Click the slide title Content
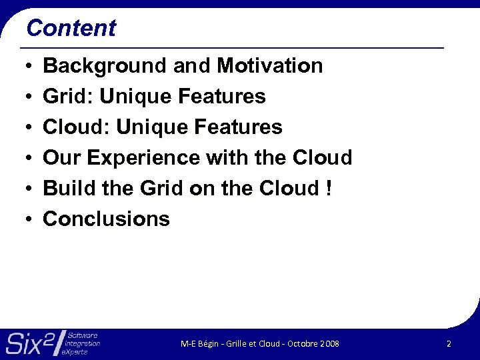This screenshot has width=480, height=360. (71, 28)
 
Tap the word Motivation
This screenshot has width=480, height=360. (270, 66)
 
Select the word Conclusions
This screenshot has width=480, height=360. (107, 219)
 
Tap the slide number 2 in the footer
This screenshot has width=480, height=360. (449, 343)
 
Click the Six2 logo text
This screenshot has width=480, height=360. (30, 343)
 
